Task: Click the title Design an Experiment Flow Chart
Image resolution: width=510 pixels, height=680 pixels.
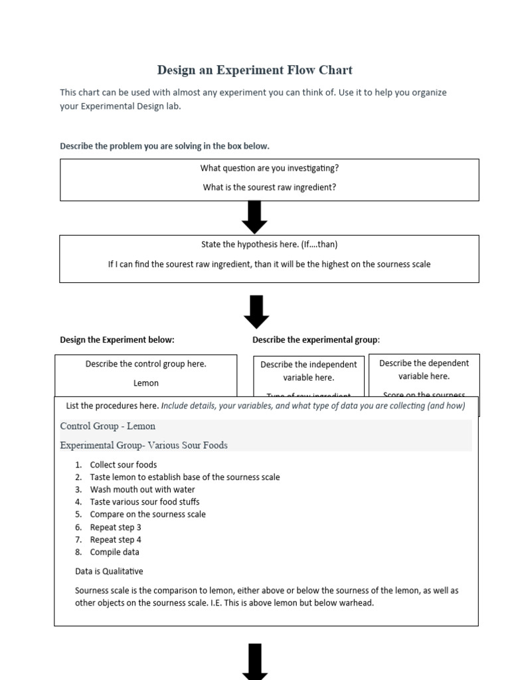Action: [255, 70]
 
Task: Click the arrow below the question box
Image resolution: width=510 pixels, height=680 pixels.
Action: [255, 217]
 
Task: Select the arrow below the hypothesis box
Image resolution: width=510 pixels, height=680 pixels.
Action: [256, 311]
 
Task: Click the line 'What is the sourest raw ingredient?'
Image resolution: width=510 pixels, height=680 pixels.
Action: [270, 187]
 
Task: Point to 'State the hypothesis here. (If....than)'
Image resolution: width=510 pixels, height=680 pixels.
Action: [269, 244]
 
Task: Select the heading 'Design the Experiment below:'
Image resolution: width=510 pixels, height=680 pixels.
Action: [117, 339]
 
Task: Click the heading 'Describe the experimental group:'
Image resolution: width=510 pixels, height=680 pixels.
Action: [316, 339]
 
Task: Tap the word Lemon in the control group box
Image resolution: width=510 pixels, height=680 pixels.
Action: [146, 383]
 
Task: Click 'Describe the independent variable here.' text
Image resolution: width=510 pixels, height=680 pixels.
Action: [309, 371]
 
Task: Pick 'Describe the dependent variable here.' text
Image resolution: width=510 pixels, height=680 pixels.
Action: [424, 369]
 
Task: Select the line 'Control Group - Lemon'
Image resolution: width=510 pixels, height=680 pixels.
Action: [108, 426]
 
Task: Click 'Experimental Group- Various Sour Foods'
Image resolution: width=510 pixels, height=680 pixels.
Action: [143, 445]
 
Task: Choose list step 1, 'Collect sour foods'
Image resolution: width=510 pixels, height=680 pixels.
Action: [124, 465]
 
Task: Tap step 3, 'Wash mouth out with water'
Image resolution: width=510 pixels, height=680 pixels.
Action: [143, 489]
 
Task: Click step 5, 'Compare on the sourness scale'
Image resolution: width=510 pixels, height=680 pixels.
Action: [148, 514]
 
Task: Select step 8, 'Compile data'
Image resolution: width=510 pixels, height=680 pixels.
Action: [115, 552]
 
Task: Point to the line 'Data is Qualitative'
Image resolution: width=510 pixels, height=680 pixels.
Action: [109, 571]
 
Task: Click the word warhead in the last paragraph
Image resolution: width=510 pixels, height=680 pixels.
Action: [355, 603]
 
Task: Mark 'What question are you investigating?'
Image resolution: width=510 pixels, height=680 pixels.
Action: [270, 169]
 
